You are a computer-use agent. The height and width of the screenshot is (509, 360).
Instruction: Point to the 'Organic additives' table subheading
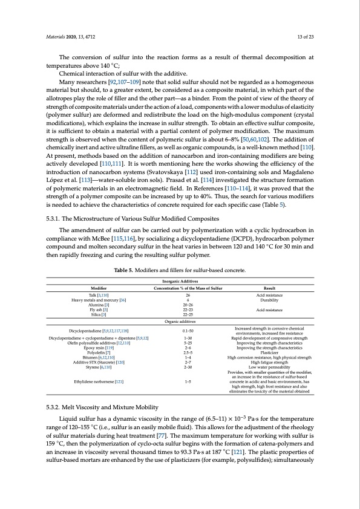180,322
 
